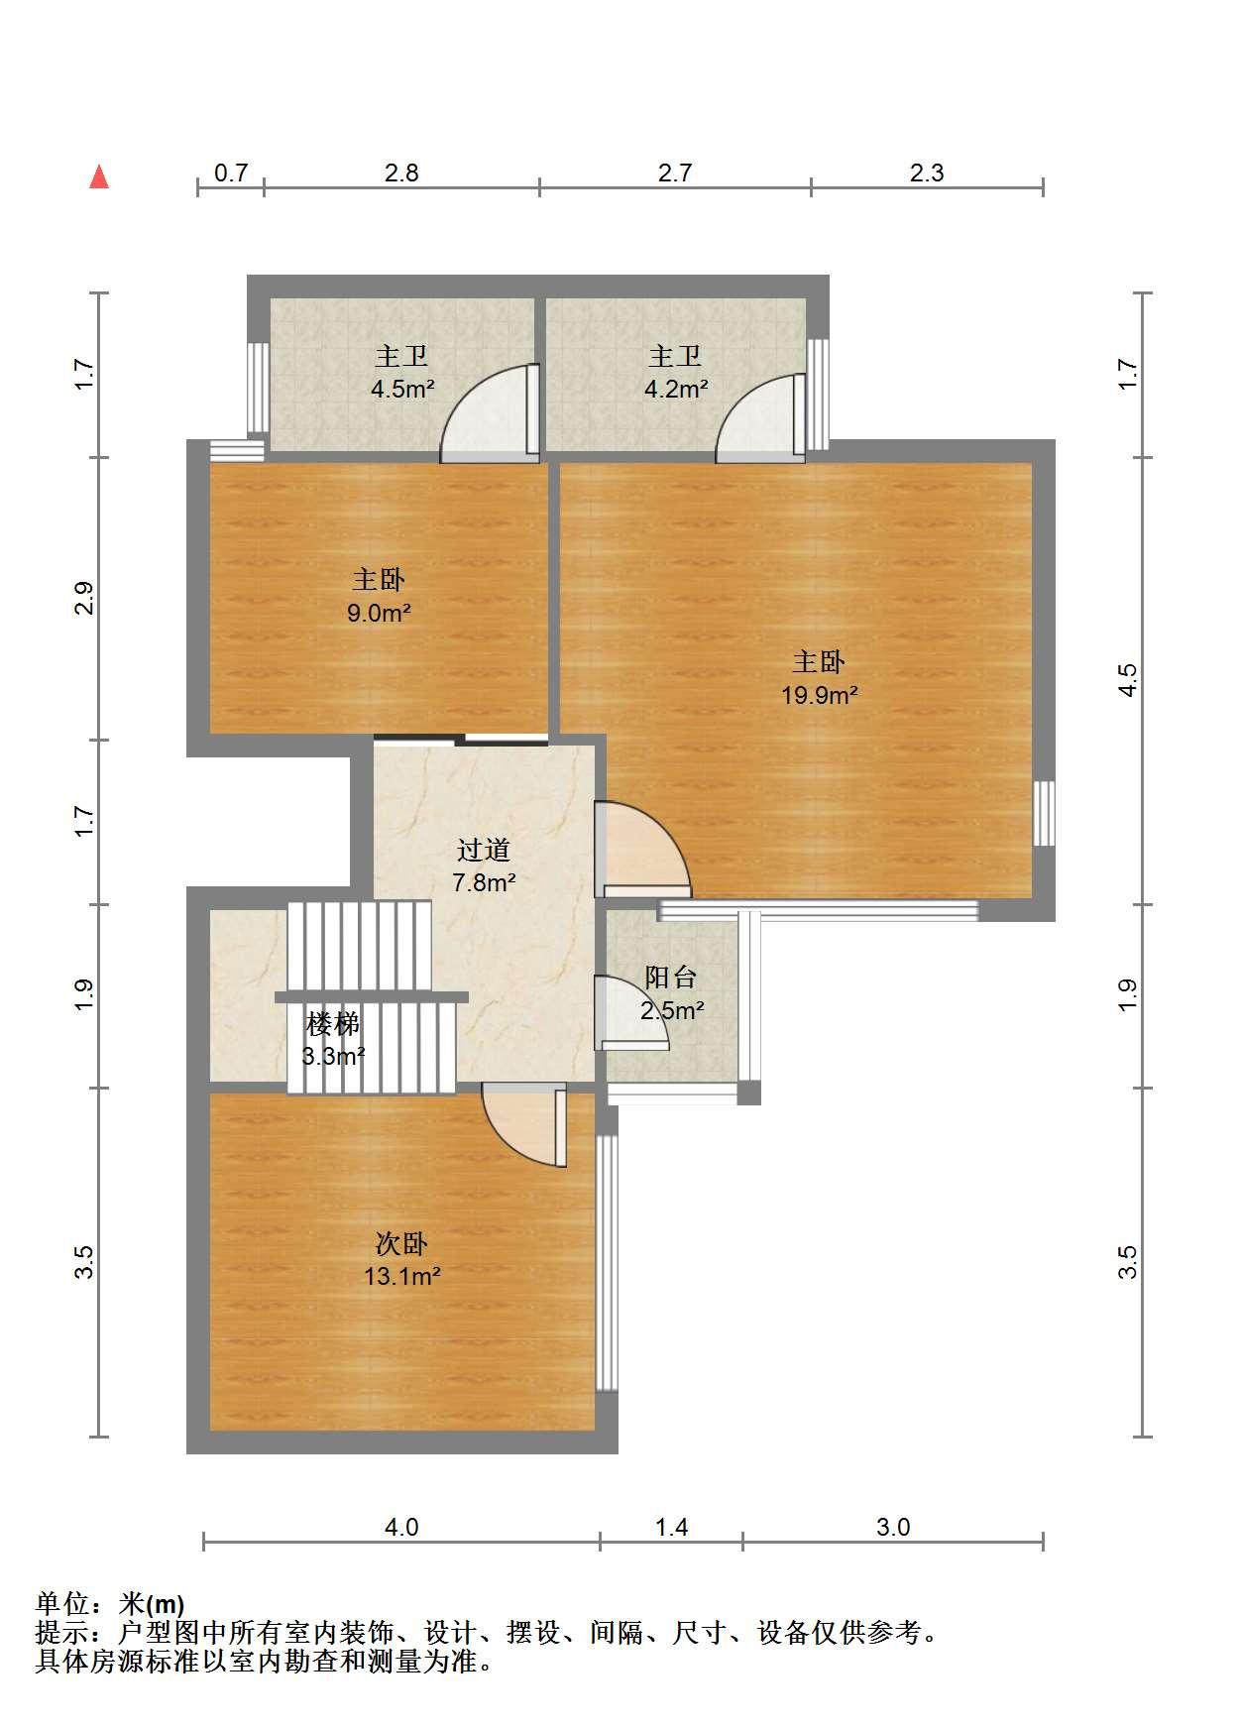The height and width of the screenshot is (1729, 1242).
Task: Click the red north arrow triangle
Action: pyautogui.click(x=99, y=176)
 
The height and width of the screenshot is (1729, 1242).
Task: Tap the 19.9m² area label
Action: pyautogui.click(x=819, y=695)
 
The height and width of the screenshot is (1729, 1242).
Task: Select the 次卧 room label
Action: pyautogui.click(x=401, y=1243)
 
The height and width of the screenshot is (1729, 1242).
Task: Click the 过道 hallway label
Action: pyautogui.click(x=484, y=850)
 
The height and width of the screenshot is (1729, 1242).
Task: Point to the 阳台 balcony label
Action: pyautogui.click(x=671, y=978)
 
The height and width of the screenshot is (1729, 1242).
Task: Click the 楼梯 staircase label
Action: pyautogui.click(x=333, y=1023)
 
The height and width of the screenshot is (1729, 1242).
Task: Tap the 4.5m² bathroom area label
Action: pyautogui.click(x=402, y=389)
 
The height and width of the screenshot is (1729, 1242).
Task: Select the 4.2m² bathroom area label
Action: pyautogui.click(x=676, y=389)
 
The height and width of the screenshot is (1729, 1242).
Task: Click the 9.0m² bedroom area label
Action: pyautogui.click(x=379, y=613)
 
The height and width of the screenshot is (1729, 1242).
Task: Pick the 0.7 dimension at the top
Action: pyautogui.click(x=231, y=173)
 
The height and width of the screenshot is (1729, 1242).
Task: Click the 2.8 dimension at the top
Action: pyautogui.click(x=401, y=173)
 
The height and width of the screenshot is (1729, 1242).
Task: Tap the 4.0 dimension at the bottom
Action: pyautogui.click(x=401, y=1527)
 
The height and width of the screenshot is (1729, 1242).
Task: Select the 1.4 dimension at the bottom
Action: pyautogui.click(x=672, y=1527)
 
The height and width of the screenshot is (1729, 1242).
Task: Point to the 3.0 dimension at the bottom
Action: pyautogui.click(x=893, y=1527)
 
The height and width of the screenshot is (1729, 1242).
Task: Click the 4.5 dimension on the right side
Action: pyautogui.click(x=1128, y=680)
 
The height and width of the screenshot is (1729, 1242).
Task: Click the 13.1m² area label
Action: pyautogui.click(x=401, y=1276)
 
